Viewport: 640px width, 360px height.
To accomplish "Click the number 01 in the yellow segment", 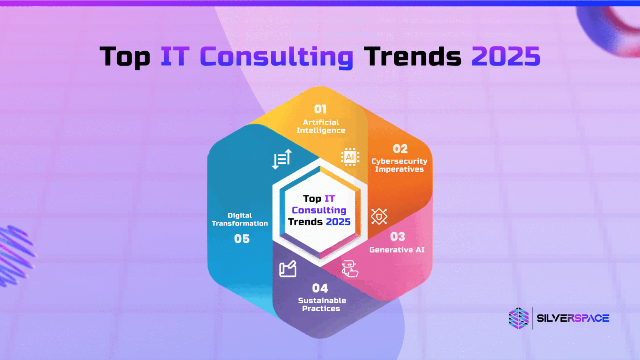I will tap(320, 109).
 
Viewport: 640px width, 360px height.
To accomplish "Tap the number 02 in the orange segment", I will tap(400, 149).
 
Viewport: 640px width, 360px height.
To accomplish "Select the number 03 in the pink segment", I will tap(397, 237).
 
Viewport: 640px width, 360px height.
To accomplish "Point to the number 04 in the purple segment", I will tap(320, 288).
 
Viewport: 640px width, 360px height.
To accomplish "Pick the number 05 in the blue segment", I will tap(242, 239).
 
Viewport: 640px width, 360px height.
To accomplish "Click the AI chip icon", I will tap(350, 157).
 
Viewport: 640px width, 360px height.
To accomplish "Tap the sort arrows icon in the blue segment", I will tap(282, 159).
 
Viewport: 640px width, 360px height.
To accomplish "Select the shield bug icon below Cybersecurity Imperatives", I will tap(379, 217).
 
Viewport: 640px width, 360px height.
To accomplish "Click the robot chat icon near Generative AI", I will tap(350, 269).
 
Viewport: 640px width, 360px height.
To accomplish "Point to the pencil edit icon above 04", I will tap(288, 269).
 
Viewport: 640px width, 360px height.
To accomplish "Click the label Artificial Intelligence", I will tap(321, 126).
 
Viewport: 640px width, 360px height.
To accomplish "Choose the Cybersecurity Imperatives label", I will tap(399, 165).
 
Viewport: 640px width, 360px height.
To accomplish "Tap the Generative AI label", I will tap(397, 250).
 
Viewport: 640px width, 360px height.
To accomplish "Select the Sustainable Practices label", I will tap(322, 305).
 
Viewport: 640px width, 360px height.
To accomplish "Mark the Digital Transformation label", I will tap(240, 219).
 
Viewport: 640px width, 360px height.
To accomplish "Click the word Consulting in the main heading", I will tap(277, 57).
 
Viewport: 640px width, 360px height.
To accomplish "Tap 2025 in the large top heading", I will tap(505, 56).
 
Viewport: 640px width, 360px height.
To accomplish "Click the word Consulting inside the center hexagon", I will tap(319, 210).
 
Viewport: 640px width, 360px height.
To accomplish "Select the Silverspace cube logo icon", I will tap(518, 318).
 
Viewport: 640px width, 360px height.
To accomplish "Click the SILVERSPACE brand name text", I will tap(573, 318).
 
